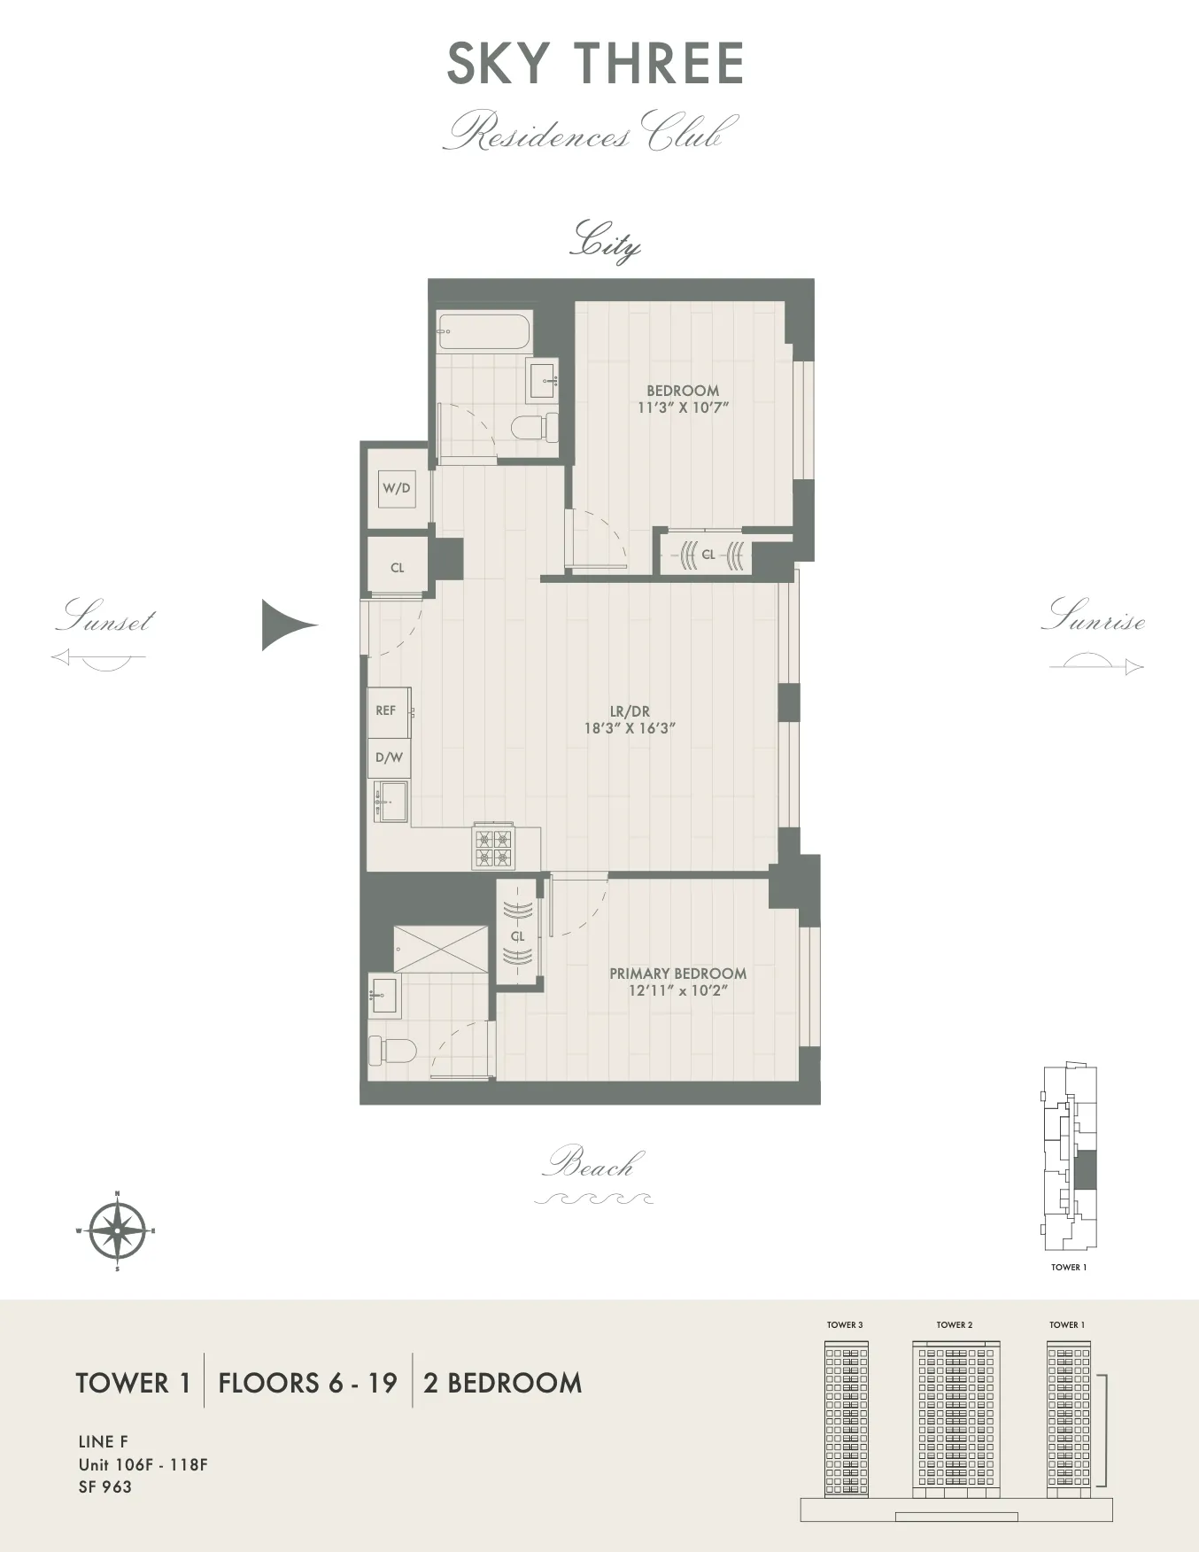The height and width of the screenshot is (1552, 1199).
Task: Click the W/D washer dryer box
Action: [396, 488]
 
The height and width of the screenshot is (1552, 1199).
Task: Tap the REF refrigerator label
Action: [386, 710]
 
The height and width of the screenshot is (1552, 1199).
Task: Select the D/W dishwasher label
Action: [389, 757]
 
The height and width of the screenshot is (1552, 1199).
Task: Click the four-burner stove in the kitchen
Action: [493, 847]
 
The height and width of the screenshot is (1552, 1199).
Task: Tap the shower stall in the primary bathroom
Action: [441, 949]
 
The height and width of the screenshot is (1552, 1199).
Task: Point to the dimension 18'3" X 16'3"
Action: [630, 728]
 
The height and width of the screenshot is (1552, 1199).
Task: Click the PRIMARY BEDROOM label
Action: [677, 973]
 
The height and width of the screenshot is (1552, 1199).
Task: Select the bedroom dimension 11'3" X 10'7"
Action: [683, 407]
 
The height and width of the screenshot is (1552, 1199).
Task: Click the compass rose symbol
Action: [117, 1230]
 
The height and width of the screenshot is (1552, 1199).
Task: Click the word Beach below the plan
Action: [592, 1163]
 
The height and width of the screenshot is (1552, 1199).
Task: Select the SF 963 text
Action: [104, 1487]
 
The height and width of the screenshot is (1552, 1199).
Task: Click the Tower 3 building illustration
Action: [846, 1418]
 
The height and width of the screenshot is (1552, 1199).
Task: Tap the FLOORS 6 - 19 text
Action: [307, 1383]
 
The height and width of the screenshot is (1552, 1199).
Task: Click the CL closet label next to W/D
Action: [397, 568]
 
